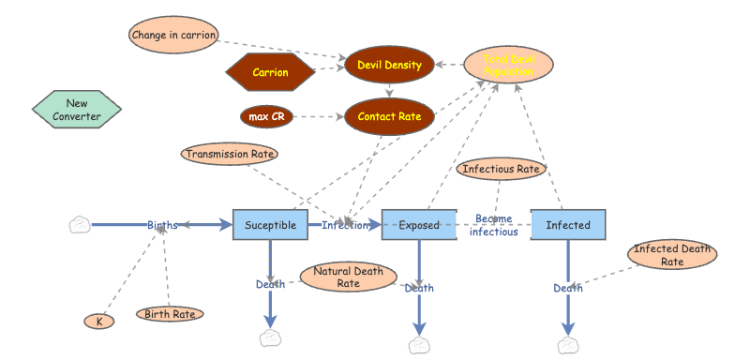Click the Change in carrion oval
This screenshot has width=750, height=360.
tap(174, 35)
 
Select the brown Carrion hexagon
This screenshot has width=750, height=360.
tap(270, 71)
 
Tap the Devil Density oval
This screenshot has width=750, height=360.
tap(389, 66)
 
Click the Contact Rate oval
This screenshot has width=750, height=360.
tap(389, 117)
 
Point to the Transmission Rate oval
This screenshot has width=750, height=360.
tap(231, 154)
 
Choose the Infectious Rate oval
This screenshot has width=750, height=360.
tap(502, 170)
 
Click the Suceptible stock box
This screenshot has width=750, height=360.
tap(270, 225)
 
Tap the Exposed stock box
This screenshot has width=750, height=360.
tap(419, 225)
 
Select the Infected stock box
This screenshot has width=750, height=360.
tap(568, 225)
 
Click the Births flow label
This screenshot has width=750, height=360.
tap(162, 225)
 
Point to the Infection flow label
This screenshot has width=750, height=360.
tap(345, 225)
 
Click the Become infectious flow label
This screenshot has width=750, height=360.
tap(493, 225)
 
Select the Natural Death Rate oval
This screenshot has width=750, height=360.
tap(348, 277)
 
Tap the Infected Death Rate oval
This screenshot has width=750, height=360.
tap(672, 255)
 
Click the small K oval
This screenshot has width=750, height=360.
tap(98, 322)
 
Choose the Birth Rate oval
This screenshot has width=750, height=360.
tap(170, 314)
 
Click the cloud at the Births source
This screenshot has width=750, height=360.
tap(81, 225)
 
